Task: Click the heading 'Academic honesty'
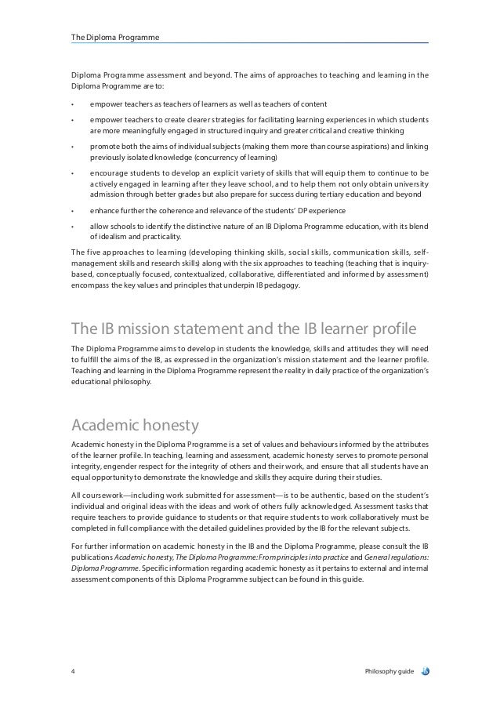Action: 134,426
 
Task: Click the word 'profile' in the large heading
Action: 397,327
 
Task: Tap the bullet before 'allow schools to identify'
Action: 72,226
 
